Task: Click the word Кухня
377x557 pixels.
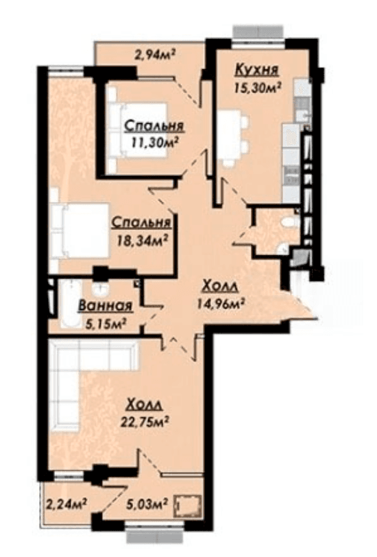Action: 256,70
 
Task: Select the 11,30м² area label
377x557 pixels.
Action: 155,142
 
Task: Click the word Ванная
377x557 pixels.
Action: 106,305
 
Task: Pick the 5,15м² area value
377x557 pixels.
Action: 106,323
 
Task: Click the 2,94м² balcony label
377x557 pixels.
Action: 155,54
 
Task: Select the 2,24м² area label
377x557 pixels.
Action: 66,503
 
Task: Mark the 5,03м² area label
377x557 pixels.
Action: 147,503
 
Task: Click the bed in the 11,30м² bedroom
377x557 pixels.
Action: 137,130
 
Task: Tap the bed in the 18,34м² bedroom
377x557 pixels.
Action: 79,230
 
